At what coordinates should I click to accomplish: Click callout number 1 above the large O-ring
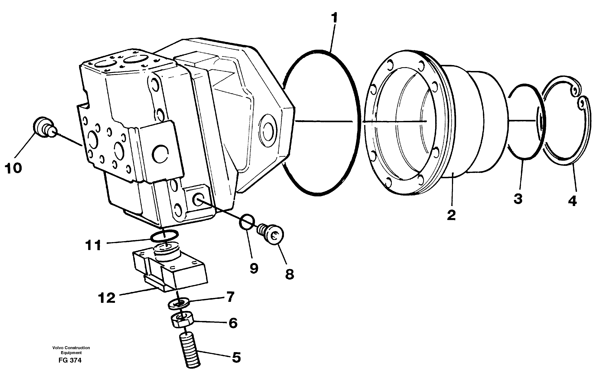tap(334, 18)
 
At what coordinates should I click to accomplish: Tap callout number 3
tap(518, 199)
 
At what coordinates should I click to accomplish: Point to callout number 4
tap(572, 201)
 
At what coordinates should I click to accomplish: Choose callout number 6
tap(233, 323)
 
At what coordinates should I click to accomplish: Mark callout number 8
tap(289, 274)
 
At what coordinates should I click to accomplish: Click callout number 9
tap(254, 268)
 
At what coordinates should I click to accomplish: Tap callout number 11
tap(93, 245)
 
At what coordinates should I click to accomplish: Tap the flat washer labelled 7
tap(179, 304)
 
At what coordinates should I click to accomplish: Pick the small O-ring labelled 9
tap(247, 222)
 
